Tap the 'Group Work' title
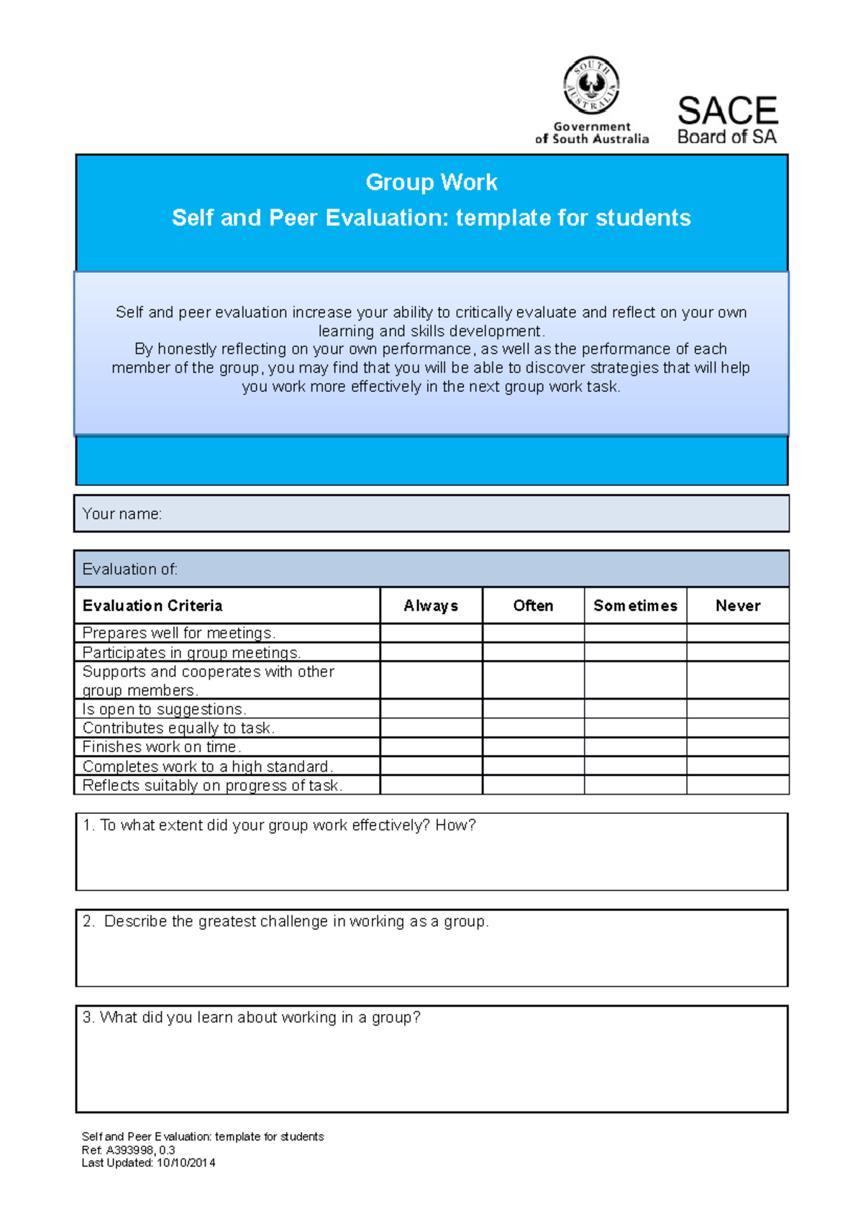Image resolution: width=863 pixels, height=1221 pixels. coord(431,182)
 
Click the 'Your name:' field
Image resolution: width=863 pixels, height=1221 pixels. coord(431,513)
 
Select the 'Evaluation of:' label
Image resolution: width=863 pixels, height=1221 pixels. coord(130,570)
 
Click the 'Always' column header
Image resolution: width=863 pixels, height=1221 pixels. coord(431,605)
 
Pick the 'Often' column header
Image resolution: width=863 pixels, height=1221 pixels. coord(533,605)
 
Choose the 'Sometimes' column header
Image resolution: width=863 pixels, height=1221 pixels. coord(635,605)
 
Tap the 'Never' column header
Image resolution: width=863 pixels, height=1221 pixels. coord(738,605)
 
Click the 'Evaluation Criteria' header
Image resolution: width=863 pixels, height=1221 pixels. coord(152,605)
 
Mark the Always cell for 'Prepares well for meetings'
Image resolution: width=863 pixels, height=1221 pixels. coord(431,633)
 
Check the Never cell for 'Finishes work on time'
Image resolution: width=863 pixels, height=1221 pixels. coord(738,746)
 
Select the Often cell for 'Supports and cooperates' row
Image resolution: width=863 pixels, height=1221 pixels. coord(533,680)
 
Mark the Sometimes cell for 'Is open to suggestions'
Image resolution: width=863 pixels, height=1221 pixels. coord(635,709)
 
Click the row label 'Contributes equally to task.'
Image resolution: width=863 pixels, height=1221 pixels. coord(178,728)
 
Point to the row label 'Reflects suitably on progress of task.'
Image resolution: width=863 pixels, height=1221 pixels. coord(212,785)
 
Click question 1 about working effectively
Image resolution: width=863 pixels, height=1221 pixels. coord(280,826)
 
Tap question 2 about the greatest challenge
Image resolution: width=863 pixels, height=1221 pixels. coord(286,922)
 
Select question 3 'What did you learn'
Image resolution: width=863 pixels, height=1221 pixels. coord(252,1017)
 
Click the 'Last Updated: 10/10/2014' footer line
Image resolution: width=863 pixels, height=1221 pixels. coord(148,1163)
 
